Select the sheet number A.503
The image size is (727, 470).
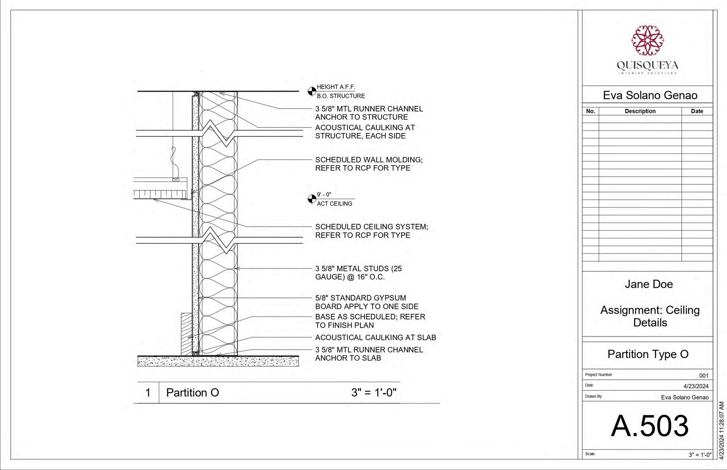pos(650,426)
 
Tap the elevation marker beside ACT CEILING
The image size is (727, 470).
pos(312,199)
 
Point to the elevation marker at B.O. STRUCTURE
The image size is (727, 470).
pos(312,91)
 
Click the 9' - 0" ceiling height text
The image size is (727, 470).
pos(324,195)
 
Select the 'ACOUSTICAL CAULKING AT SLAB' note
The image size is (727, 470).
pos(375,337)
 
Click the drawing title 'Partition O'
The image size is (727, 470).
pos(192,393)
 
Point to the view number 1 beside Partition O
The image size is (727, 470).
pos(148,393)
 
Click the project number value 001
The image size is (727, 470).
pos(703,376)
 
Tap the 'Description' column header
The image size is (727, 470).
pos(640,111)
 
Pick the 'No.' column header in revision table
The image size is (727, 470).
pos(590,111)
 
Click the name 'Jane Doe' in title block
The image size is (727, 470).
pos(648,284)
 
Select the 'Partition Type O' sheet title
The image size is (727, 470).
pos(648,354)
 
